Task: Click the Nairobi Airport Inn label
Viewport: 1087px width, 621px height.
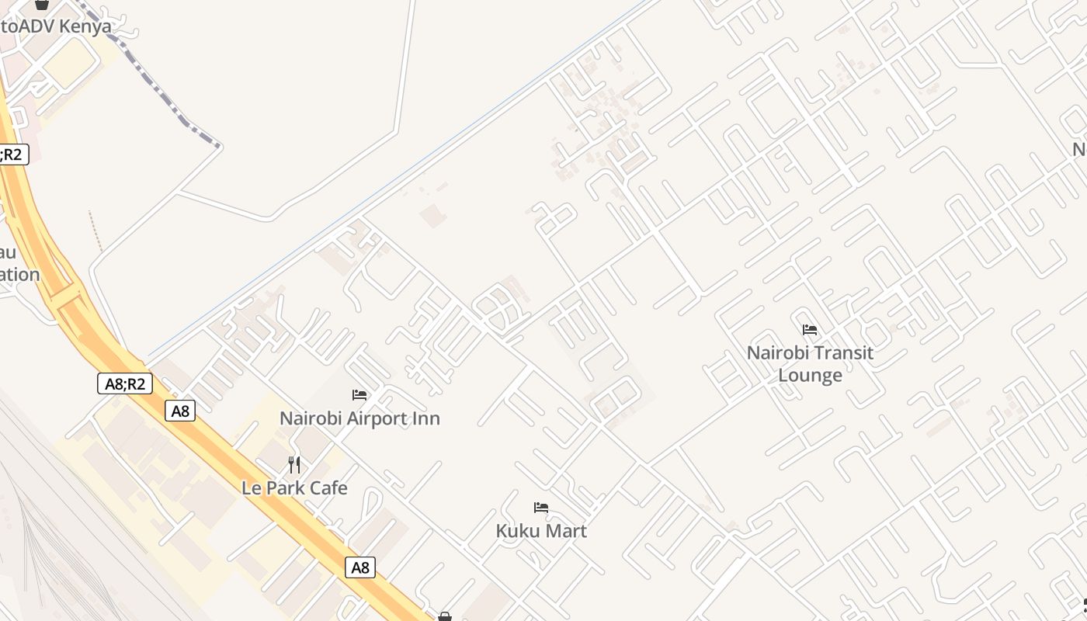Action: [x=359, y=418]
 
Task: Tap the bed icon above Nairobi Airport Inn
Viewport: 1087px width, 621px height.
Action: [x=359, y=395]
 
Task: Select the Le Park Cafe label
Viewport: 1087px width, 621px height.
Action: [x=294, y=488]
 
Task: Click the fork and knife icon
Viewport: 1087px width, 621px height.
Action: [x=294, y=465]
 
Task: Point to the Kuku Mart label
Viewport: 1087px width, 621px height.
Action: [x=541, y=531]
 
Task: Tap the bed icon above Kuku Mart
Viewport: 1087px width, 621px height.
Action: [x=541, y=508]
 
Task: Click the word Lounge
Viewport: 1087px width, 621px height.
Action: [x=810, y=376]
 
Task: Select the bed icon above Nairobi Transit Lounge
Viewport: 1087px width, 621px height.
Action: [x=810, y=330]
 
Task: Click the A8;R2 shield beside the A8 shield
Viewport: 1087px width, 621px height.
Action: [x=125, y=383]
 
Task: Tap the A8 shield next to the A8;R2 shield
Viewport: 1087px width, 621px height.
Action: [x=180, y=411]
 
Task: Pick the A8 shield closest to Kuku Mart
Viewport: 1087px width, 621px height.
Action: [x=360, y=567]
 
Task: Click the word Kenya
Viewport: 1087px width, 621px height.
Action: [x=85, y=26]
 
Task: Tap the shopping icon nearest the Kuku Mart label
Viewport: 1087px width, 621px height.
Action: [x=445, y=616]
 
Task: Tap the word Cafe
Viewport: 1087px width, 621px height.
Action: [x=327, y=488]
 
